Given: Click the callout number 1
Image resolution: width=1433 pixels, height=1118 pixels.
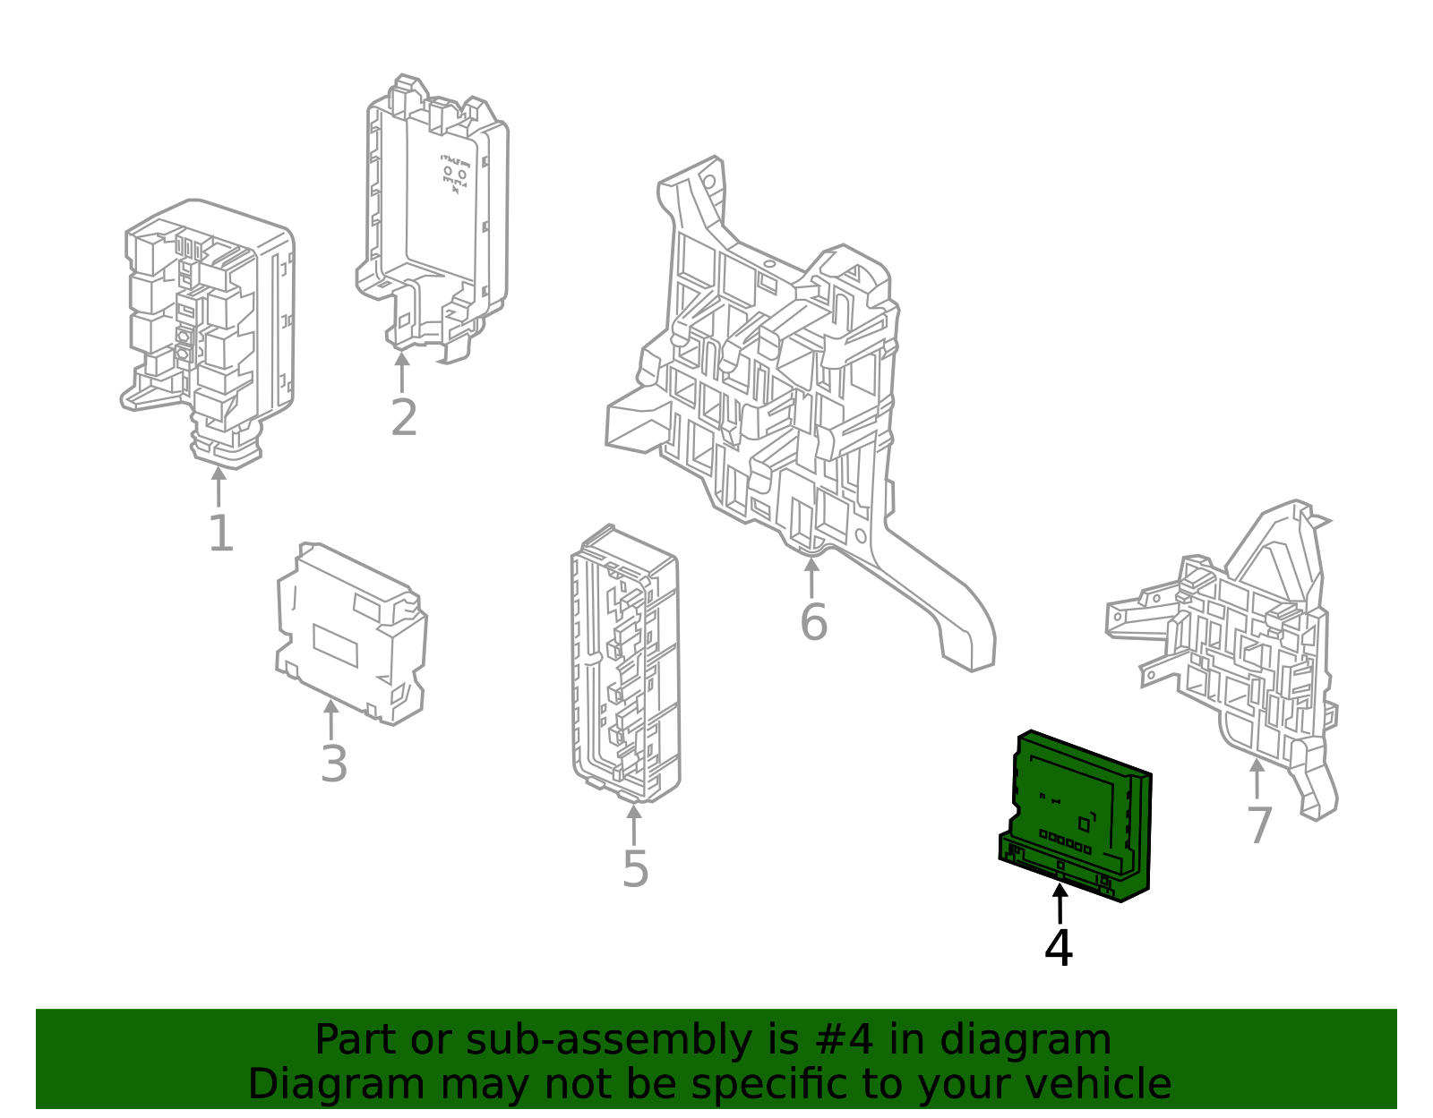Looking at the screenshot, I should (220, 534).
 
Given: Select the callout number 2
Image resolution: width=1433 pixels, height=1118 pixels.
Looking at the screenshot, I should (404, 418).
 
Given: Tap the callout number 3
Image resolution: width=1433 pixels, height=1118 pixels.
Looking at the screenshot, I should (334, 765).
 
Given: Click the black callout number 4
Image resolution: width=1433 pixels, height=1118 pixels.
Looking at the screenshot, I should (1059, 949).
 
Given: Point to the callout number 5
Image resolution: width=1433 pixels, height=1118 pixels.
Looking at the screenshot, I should (635, 869).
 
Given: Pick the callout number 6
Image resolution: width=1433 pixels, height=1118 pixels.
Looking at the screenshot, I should (813, 622).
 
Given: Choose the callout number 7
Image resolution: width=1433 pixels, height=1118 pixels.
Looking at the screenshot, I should (1259, 825).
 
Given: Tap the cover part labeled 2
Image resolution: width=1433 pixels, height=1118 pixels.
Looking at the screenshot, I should (434, 215).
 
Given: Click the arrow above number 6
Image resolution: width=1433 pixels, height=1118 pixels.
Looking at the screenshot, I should (811, 576).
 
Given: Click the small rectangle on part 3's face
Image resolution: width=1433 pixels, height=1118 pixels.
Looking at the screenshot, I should (335, 645).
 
